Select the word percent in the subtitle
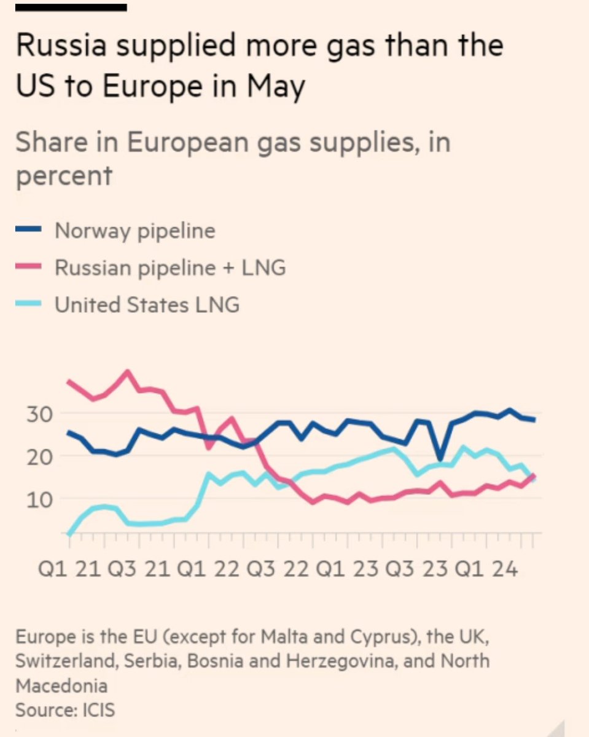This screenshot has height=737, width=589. [x=64, y=176]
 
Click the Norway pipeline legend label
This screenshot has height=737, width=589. [x=135, y=231]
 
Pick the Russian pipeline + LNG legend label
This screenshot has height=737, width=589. [x=170, y=268]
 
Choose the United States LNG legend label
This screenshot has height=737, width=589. [x=147, y=305]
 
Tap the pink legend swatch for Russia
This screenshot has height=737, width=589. [x=28, y=267]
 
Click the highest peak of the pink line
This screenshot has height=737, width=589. [x=128, y=372]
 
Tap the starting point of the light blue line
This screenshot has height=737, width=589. [x=69, y=534]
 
